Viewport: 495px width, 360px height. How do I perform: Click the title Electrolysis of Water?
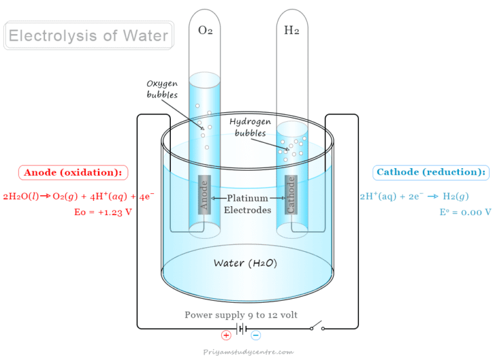[x=88, y=35]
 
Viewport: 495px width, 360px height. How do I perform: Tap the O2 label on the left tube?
[x=205, y=30]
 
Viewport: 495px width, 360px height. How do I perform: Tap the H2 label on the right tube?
[x=292, y=30]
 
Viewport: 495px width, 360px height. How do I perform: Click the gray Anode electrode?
[x=204, y=194]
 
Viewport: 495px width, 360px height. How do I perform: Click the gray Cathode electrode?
[x=291, y=194]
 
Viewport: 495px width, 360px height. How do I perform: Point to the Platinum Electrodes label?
[x=247, y=204]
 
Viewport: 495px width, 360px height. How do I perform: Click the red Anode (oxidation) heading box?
[x=73, y=173]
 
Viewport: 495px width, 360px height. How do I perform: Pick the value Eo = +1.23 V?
[x=103, y=212]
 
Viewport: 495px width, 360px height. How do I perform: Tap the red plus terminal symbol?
[x=226, y=335]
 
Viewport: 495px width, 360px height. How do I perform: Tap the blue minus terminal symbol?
[x=256, y=335]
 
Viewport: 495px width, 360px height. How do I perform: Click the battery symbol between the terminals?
[x=241, y=329]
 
